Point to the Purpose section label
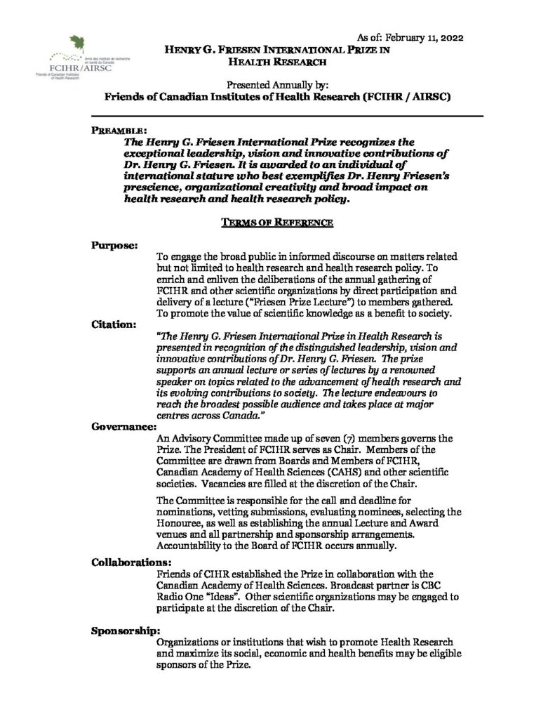[x=114, y=245]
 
